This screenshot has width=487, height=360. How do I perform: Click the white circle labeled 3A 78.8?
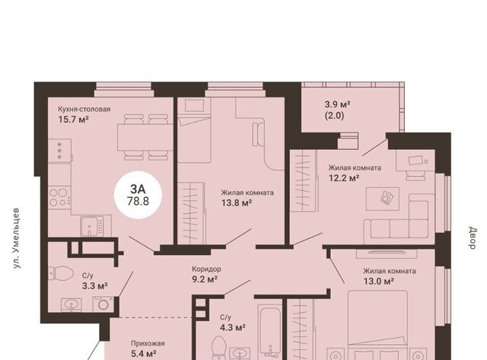(138, 195)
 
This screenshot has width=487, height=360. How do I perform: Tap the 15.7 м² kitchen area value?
(74, 119)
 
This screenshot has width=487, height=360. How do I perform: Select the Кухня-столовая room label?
(84, 110)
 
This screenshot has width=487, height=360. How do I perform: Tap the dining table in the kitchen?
(145, 137)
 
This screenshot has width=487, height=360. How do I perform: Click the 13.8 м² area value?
(237, 202)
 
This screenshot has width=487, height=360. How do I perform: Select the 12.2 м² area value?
(344, 178)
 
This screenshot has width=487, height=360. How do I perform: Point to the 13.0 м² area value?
(379, 282)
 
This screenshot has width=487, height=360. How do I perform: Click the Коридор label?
(206, 269)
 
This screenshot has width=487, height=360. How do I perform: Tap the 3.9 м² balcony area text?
(337, 104)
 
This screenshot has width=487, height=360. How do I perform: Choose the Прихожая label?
(148, 343)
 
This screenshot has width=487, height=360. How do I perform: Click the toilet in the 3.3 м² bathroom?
(61, 273)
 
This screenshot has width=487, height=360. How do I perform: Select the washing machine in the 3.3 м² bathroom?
(103, 304)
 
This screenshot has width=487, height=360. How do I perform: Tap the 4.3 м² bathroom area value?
(233, 327)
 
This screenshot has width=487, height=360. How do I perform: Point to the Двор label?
(473, 238)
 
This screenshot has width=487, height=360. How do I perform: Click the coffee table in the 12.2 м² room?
(383, 199)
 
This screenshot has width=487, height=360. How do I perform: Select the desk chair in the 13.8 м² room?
(259, 134)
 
